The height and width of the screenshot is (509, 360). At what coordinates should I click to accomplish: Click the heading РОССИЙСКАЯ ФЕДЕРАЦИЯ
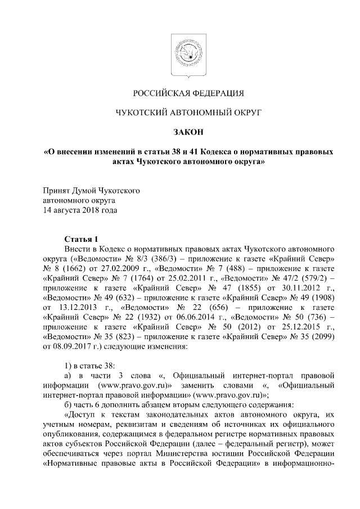[179, 92]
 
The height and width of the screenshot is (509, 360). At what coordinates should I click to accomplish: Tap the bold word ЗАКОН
[179, 133]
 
